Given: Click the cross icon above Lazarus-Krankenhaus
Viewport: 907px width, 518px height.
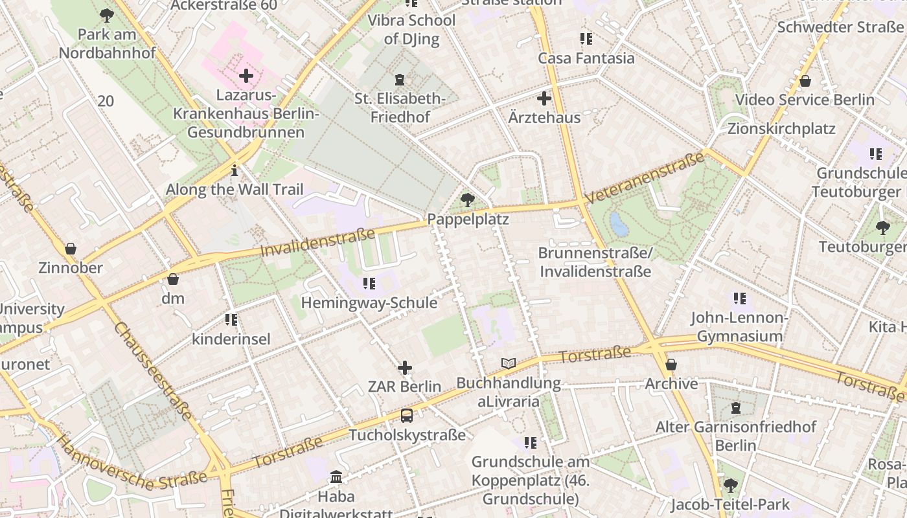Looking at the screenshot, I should pyautogui.click(x=246, y=76).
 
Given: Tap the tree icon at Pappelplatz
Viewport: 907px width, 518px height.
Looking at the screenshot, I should pyautogui.click(x=466, y=200).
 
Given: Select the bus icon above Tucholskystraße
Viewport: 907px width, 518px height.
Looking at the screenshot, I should pyautogui.click(x=406, y=415).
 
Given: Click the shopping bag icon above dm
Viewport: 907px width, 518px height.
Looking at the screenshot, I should pyautogui.click(x=173, y=279).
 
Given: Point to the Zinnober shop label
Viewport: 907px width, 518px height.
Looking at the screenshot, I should pyautogui.click(x=71, y=268).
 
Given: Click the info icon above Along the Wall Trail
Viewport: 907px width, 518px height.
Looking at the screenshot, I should pyautogui.click(x=235, y=171).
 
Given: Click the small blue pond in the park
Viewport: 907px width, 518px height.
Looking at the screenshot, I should pyautogui.click(x=619, y=225).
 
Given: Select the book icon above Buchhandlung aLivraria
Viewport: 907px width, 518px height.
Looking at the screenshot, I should pyautogui.click(x=509, y=364).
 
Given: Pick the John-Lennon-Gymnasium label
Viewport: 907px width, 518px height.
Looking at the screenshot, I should pyautogui.click(x=739, y=327).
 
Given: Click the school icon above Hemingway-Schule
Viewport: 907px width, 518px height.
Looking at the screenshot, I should pyautogui.click(x=369, y=284).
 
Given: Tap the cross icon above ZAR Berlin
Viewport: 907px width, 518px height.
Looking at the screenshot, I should pyautogui.click(x=405, y=368).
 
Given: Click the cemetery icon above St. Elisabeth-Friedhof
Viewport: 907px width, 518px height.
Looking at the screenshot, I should pyautogui.click(x=400, y=80).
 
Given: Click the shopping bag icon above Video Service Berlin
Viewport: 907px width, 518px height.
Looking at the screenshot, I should pyautogui.click(x=805, y=81).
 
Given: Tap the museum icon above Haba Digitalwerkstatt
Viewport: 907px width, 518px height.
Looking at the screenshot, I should pyautogui.click(x=336, y=477).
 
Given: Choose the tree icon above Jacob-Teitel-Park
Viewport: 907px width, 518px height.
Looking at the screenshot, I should pyautogui.click(x=730, y=485).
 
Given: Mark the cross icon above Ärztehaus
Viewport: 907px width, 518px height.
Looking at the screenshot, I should pyautogui.click(x=544, y=98).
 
